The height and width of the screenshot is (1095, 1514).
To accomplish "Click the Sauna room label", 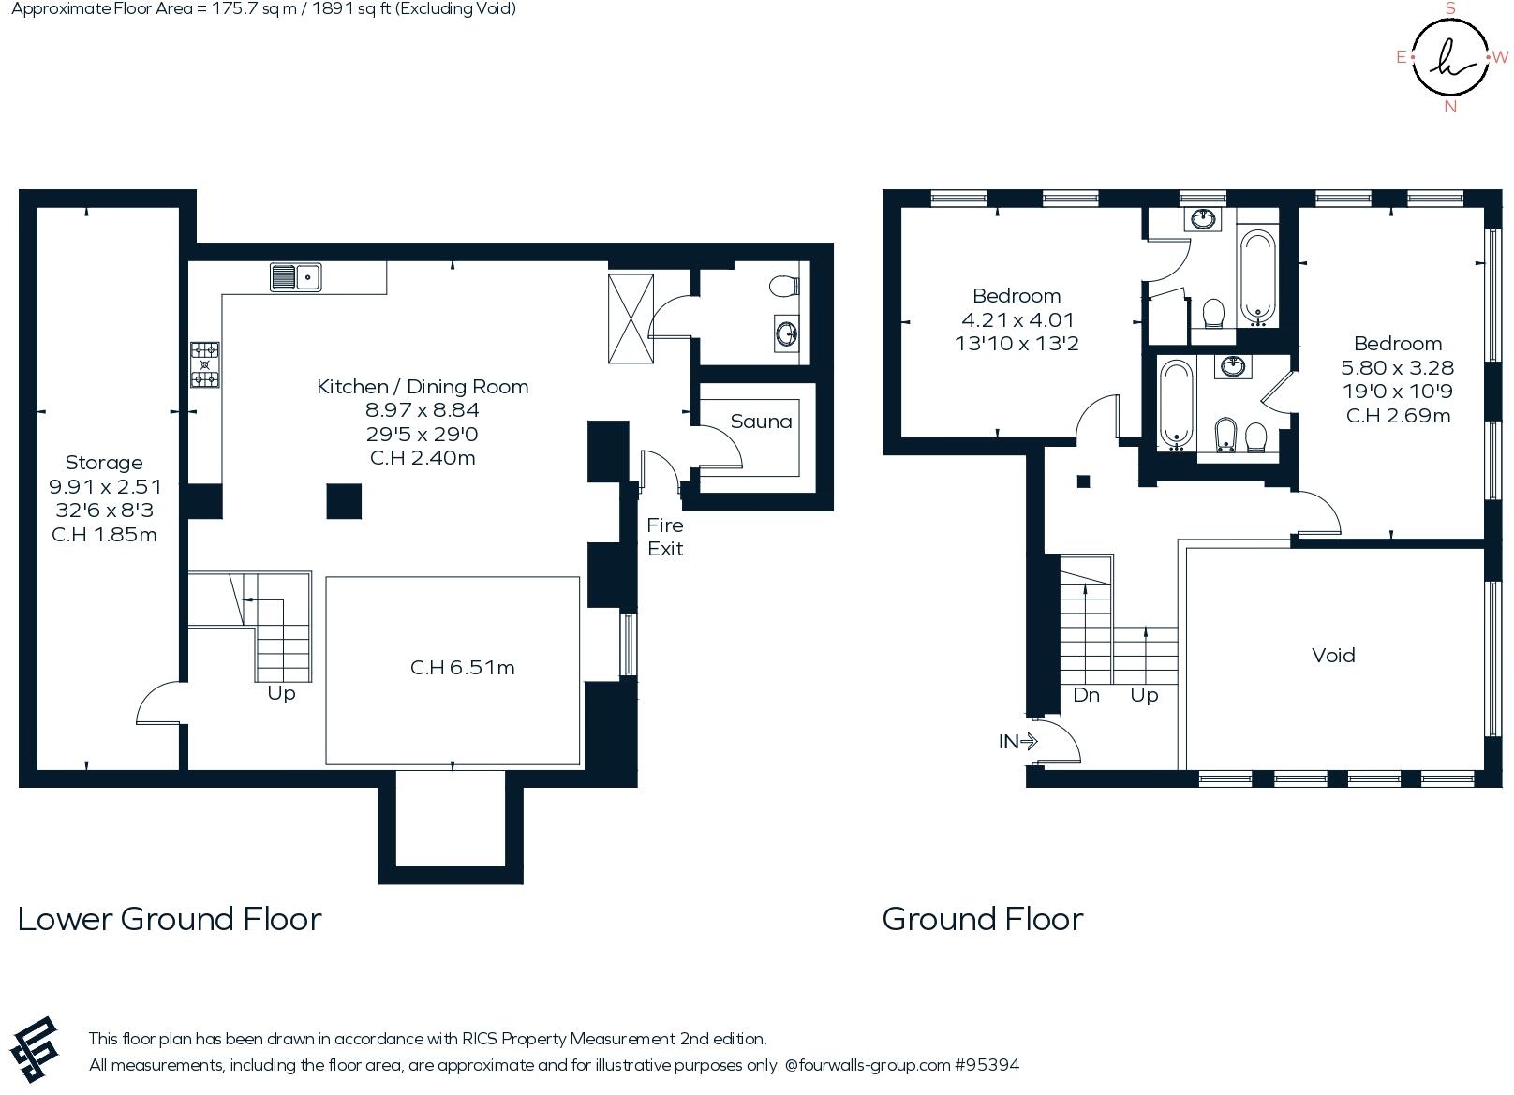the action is click(761, 422).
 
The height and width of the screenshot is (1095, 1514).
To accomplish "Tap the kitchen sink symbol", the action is click(296, 277).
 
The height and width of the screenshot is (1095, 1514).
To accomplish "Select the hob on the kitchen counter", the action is click(205, 364).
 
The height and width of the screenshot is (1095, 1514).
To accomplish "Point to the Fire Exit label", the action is click(665, 537).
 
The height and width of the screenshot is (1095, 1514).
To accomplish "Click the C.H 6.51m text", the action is click(462, 668).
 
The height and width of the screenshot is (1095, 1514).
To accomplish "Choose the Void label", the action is click(1333, 655).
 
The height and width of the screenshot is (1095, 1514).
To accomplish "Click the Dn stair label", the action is click(1086, 695).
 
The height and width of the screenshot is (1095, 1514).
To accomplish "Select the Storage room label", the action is click(104, 463).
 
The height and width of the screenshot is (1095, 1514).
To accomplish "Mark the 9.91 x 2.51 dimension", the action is click(105, 487).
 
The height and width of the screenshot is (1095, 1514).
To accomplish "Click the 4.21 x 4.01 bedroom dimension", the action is click(1017, 319).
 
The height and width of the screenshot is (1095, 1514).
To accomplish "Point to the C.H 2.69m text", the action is click(1398, 416).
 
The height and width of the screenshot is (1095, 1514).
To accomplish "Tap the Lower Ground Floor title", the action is click(170, 919).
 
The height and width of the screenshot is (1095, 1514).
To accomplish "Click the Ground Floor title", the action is click(983, 919).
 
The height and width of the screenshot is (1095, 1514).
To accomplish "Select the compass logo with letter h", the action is click(1450, 57).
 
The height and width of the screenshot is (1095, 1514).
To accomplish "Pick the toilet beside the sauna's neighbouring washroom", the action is click(784, 286).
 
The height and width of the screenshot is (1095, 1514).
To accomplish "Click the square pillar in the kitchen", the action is click(344, 501).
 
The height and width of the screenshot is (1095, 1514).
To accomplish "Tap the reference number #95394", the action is click(987, 1065).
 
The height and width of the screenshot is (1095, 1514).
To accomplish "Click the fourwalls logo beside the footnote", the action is click(34, 1049).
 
